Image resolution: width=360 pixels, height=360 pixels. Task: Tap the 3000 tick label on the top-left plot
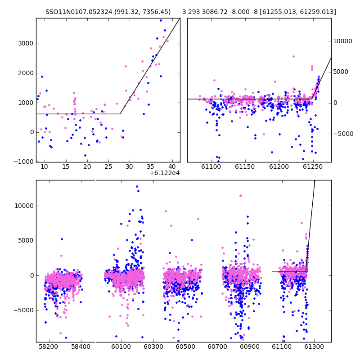point(26,43)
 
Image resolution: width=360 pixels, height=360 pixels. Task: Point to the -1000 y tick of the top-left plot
point(24,162)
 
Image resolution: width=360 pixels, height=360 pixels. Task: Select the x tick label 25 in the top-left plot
point(108,166)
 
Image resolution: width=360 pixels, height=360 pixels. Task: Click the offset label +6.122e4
point(164,173)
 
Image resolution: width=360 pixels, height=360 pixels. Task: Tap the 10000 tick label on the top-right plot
point(342,41)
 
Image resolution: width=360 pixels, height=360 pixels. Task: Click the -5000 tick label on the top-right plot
point(343,134)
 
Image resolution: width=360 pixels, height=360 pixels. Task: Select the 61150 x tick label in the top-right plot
point(245,166)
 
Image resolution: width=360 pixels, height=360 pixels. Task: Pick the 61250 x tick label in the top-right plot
point(313,166)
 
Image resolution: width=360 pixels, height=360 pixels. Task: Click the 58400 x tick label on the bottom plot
point(81,346)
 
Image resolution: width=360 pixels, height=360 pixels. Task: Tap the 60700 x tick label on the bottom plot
point(217,346)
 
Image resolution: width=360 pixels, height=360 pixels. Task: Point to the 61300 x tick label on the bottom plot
point(314,346)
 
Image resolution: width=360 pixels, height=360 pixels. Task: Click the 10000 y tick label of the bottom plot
point(24,206)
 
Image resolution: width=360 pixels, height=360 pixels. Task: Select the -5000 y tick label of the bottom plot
point(24,310)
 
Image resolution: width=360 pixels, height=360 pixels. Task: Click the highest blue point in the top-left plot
point(161,20)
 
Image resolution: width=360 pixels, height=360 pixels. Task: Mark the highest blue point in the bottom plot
point(137,187)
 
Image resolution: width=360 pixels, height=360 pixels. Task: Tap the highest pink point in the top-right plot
point(293,57)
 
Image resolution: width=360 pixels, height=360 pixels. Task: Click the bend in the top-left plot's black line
point(120,114)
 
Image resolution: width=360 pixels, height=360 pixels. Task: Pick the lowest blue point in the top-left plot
point(85,155)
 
